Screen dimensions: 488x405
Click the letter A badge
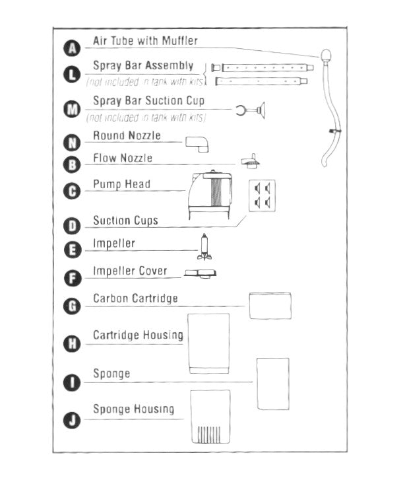[72, 47]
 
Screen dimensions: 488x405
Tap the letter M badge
[72, 110]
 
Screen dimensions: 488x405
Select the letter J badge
[72, 420]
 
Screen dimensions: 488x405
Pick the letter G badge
[72, 306]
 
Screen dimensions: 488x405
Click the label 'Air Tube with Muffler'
[145, 41]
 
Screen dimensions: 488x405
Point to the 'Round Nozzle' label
[127, 136]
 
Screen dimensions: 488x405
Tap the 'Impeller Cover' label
[130, 271]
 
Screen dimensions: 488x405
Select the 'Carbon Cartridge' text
[135, 298]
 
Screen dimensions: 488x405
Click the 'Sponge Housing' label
[133, 409]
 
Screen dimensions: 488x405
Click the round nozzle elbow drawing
[197, 143]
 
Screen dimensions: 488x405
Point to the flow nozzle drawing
[249, 160]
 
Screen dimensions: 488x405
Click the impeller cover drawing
[201, 273]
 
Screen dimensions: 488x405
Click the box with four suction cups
[261, 195]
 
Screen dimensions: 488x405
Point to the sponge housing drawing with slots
[210, 417]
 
